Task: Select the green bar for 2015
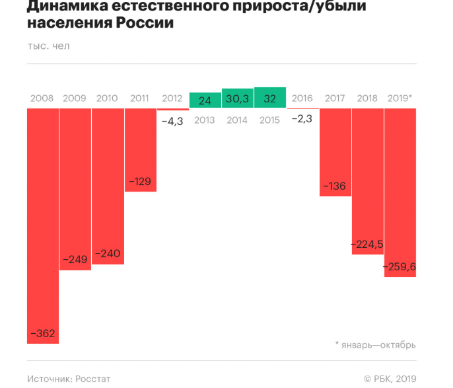click(x=269, y=98)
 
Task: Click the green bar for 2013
click(x=205, y=100)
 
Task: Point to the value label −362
click(x=42, y=333)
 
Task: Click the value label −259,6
click(x=400, y=267)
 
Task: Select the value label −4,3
click(x=172, y=122)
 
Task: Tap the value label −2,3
click(x=302, y=119)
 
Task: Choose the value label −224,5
click(x=367, y=244)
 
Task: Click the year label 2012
click(x=172, y=98)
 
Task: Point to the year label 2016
click(x=302, y=98)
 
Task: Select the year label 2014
click(x=237, y=120)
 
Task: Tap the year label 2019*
click(x=400, y=98)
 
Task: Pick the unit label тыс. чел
click(x=48, y=46)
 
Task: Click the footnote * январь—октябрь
click(x=375, y=344)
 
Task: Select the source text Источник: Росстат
click(x=69, y=379)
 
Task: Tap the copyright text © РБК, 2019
click(x=390, y=379)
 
